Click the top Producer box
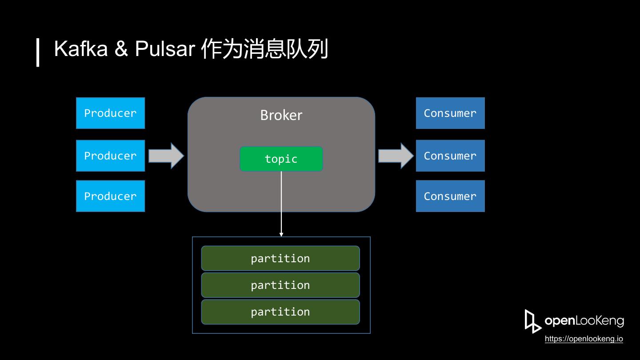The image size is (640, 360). pos(110,113)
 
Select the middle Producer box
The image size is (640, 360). pos(110,156)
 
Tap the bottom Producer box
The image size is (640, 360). pos(110,196)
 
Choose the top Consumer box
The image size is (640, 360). pos(450,113)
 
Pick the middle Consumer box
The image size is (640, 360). pos(450,156)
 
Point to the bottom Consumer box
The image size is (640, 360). pos(450,196)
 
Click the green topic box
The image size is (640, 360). pos(281,159)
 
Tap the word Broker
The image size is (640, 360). pos(281,115)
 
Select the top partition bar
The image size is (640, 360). pos(280,258)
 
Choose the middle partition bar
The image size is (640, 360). pos(280,285)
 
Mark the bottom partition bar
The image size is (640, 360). pos(280,312)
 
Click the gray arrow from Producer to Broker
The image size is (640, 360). pos(166,156)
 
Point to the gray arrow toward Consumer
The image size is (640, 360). pos(396,156)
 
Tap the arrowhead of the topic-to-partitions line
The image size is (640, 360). pos(281,235)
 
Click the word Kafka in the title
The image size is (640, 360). pos(81,48)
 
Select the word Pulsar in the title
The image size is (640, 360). pos(165,48)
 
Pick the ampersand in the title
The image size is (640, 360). pos(121,48)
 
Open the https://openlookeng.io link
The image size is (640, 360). pos(584,339)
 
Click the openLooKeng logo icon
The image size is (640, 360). pos(533,321)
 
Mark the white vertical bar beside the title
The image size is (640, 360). pos(38,52)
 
